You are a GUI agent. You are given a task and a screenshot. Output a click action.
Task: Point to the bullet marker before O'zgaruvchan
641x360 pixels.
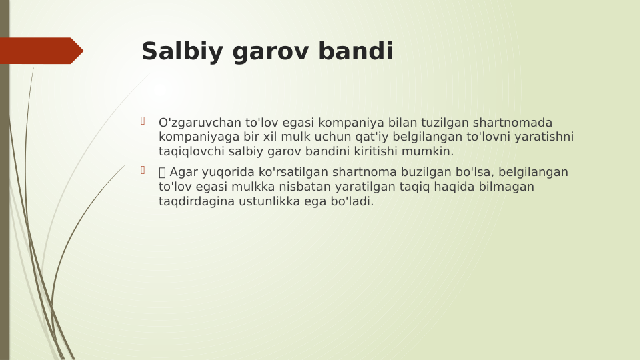(143, 121)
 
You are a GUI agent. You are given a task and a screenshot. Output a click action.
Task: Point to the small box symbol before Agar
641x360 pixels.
(162, 173)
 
